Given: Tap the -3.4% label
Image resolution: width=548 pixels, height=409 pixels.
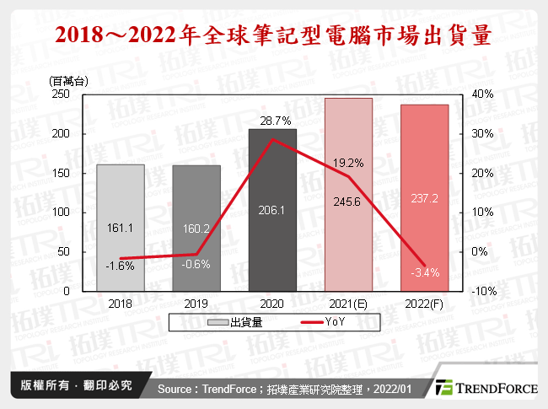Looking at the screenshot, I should [x=424, y=272].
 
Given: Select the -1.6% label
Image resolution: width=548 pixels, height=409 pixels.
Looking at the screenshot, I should [x=121, y=266].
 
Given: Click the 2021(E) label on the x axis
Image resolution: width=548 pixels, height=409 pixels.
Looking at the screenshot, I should [x=347, y=302].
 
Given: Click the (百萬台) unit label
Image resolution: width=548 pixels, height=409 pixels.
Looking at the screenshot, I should [x=69, y=81].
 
